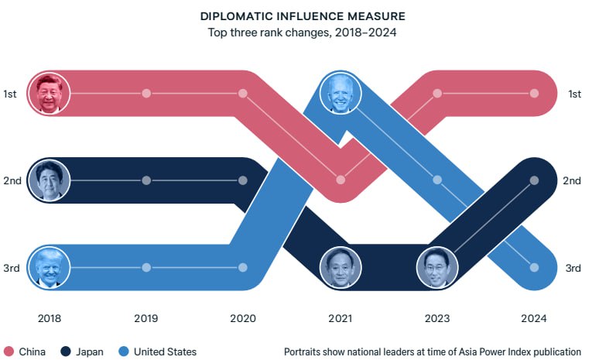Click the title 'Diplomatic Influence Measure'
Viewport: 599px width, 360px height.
pos(303,15)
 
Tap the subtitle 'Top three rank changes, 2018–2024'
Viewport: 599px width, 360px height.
pos(303,33)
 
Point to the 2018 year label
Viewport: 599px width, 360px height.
pos(49,318)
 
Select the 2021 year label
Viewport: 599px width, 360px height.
pos(340,318)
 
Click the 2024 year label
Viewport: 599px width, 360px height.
pos(534,318)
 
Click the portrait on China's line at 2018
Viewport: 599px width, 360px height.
pos(50,94)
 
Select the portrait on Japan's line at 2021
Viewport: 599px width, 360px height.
pos(340,268)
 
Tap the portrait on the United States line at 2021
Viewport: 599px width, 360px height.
pos(340,94)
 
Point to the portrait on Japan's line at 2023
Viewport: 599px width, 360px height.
pos(437,268)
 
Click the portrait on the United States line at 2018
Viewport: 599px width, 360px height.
pos(50,268)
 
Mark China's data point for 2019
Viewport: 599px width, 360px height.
pos(146,94)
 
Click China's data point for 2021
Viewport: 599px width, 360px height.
pos(341,180)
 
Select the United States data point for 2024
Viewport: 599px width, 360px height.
pos(534,268)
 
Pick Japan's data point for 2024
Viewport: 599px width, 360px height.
pos(534,180)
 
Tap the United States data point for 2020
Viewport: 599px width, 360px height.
pos(243,268)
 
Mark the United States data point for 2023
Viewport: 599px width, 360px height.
pos(437,180)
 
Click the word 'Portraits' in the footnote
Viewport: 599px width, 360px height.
pos(305,351)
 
